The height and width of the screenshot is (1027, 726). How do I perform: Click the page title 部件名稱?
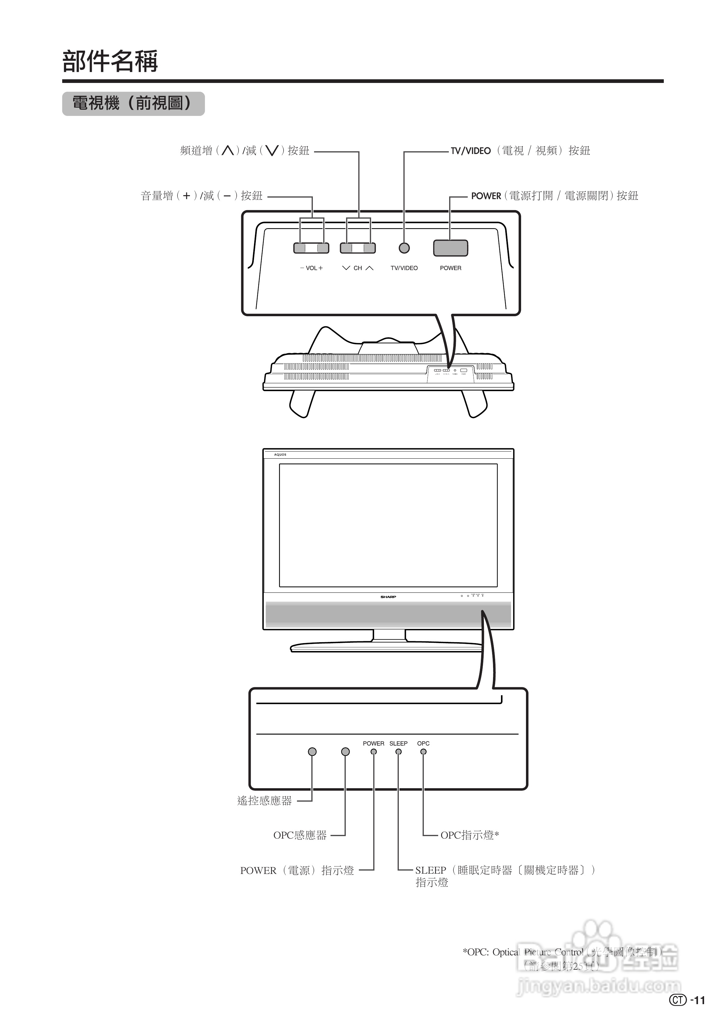tap(110, 61)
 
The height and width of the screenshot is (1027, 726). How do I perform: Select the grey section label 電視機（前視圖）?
tap(133, 104)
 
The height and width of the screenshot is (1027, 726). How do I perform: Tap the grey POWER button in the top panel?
tap(450, 248)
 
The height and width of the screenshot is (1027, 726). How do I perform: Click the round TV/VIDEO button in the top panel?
tap(404, 248)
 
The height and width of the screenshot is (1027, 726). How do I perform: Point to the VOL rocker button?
tap(311, 248)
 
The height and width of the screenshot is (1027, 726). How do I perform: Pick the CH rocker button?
tap(358, 248)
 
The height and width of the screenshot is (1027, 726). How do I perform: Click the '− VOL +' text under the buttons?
tap(311, 268)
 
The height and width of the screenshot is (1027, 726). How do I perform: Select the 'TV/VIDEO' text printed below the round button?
tap(404, 268)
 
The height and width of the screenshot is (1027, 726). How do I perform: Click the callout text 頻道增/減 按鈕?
tap(245, 151)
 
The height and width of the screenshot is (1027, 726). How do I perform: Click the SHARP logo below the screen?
tap(388, 597)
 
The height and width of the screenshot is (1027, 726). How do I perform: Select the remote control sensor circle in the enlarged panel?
tap(312, 751)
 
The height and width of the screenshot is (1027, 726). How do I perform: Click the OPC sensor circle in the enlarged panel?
tap(345, 751)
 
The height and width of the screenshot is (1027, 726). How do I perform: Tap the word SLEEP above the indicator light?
tap(398, 743)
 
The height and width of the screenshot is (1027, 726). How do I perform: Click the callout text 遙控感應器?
tap(264, 801)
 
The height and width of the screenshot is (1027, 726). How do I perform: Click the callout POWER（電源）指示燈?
tap(297, 871)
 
